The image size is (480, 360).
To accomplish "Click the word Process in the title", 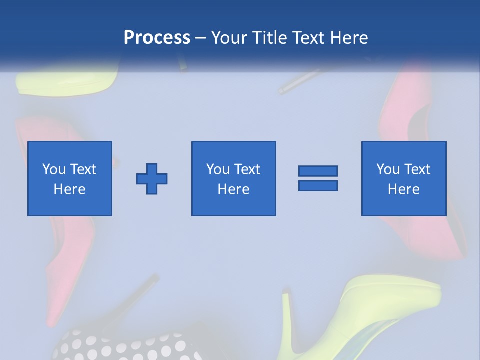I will tap(157, 38).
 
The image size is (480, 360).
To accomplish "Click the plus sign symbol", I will tap(152, 179).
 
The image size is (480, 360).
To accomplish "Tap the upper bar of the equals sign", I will tap(318, 171).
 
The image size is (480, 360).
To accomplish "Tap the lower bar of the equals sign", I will tap(318, 185).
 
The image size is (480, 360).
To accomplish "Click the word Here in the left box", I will tap(70, 189).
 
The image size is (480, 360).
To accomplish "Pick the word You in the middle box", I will tap(218, 169).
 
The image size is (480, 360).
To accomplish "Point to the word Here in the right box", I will tap(404, 189).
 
